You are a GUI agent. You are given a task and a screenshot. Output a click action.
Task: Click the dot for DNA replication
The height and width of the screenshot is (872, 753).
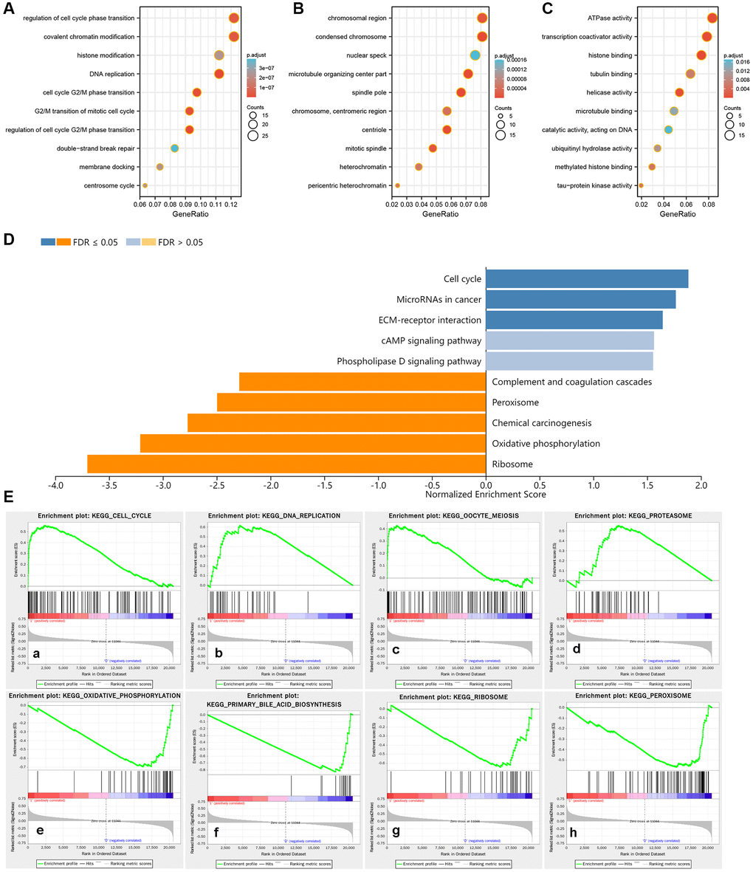coord(219,74)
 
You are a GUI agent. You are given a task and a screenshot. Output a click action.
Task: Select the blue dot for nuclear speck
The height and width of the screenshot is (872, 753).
coord(475,55)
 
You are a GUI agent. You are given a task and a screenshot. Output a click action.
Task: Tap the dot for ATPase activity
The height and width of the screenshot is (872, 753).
coord(712,18)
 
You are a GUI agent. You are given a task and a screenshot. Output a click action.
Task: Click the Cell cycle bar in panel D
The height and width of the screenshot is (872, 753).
coord(587,279)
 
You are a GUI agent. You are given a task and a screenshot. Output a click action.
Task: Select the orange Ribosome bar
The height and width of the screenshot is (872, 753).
coord(286,464)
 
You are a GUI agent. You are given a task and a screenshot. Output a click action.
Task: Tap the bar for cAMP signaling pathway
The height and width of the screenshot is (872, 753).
coord(569,340)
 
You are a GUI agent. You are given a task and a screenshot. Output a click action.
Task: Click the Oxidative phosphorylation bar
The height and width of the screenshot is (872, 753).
coord(313,444)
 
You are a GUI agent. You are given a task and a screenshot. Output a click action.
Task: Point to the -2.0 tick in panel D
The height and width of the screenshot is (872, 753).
coord(271,487)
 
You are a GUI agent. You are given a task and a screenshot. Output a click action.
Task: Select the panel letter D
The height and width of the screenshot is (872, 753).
coord(8,241)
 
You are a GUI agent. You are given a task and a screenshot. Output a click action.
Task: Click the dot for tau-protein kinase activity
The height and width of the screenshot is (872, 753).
coord(641,185)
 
